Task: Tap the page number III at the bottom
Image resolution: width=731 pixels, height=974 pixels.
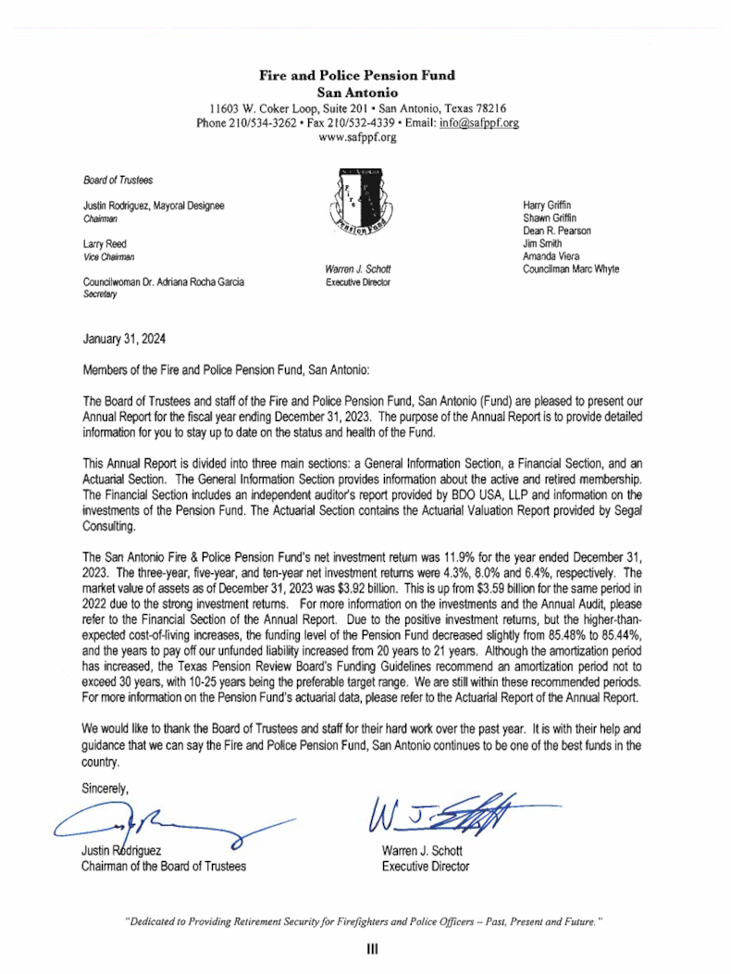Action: point(365,949)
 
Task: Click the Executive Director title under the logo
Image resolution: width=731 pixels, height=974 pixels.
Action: point(358,282)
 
